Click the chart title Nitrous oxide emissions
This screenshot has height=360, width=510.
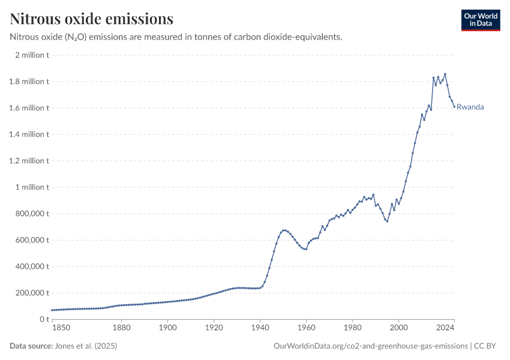[92, 19]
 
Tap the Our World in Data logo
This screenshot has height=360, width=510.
[480, 20]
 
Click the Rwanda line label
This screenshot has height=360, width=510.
[470, 107]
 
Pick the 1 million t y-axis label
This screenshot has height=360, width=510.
[32, 187]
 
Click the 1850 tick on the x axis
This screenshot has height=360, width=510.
[61, 328]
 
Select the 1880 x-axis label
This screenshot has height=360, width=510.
[122, 328]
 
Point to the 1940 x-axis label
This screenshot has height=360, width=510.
[260, 328]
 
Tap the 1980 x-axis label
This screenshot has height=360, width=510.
[352, 328]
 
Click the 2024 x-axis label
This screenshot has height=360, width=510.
[445, 328]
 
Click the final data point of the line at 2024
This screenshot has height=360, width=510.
[454, 106]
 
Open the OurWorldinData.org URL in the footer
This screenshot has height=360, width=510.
[370, 346]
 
